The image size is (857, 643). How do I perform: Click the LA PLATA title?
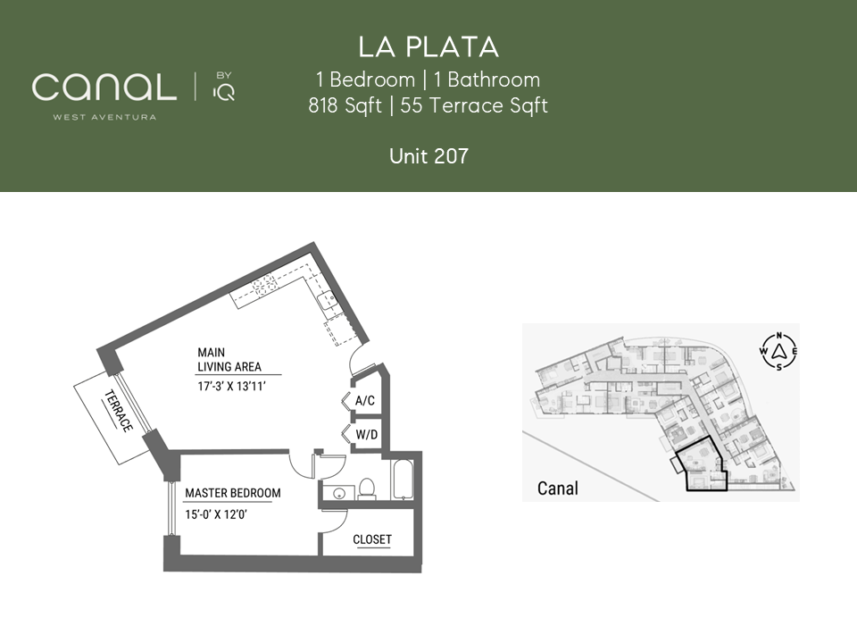pyautogui.click(x=428, y=47)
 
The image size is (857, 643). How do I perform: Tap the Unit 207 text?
pyautogui.click(x=428, y=156)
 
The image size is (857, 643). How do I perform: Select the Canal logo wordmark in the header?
pyautogui.click(x=104, y=88)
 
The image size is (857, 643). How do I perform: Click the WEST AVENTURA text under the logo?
pyautogui.click(x=104, y=117)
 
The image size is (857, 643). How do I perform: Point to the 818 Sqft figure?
pyautogui.click(x=345, y=105)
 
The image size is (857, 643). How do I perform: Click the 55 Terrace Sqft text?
pyautogui.click(x=474, y=105)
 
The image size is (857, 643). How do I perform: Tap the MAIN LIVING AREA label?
pyautogui.click(x=229, y=360)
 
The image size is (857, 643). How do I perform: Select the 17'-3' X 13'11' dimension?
pyautogui.click(x=232, y=387)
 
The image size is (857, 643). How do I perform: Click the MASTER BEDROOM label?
pyautogui.click(x=233, y=493)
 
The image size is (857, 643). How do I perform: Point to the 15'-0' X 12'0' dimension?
pyautogui.click(x=216, y=514)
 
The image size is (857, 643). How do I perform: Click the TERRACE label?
pyautogui.click(x=118, y=410)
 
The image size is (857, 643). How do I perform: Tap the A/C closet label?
pyautogui.click(x=365, y=401)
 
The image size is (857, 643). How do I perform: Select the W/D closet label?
pyautogui.click(x=367, y=435)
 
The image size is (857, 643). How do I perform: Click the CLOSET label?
pyautogui.click(x=372, y=539)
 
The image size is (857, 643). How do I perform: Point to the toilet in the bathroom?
pyautogui.click(x=367, y=489)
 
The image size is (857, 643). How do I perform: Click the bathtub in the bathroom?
pyautogui.click(x=403, y=480)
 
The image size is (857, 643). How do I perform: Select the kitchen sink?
pyautogui.click(x=327, y=300)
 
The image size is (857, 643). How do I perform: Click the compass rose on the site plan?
pyautogui.click(x=778, y=351)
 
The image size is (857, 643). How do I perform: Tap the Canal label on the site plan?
pyautogui.click(x=557, y=488)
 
